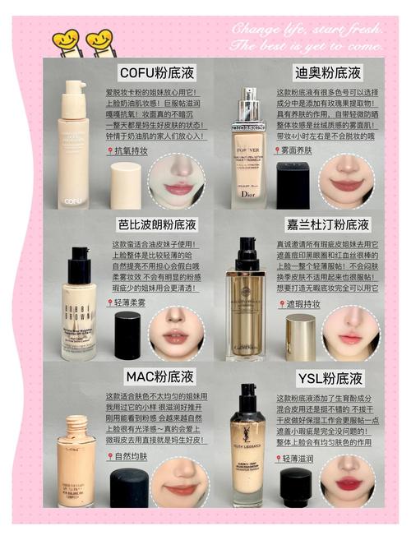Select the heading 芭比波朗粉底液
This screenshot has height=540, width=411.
click(157, 224)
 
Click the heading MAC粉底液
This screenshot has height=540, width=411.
click(159, 377)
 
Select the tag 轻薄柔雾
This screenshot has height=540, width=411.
click(129, 302)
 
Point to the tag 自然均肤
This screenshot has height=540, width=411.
click(130, 455)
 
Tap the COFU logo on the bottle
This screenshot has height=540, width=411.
click(74, 199)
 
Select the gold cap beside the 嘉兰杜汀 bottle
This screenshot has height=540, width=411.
click(301, 337)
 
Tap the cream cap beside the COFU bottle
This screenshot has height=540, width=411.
click(126, 185)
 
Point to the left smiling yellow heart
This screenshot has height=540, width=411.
click(66, 39)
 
